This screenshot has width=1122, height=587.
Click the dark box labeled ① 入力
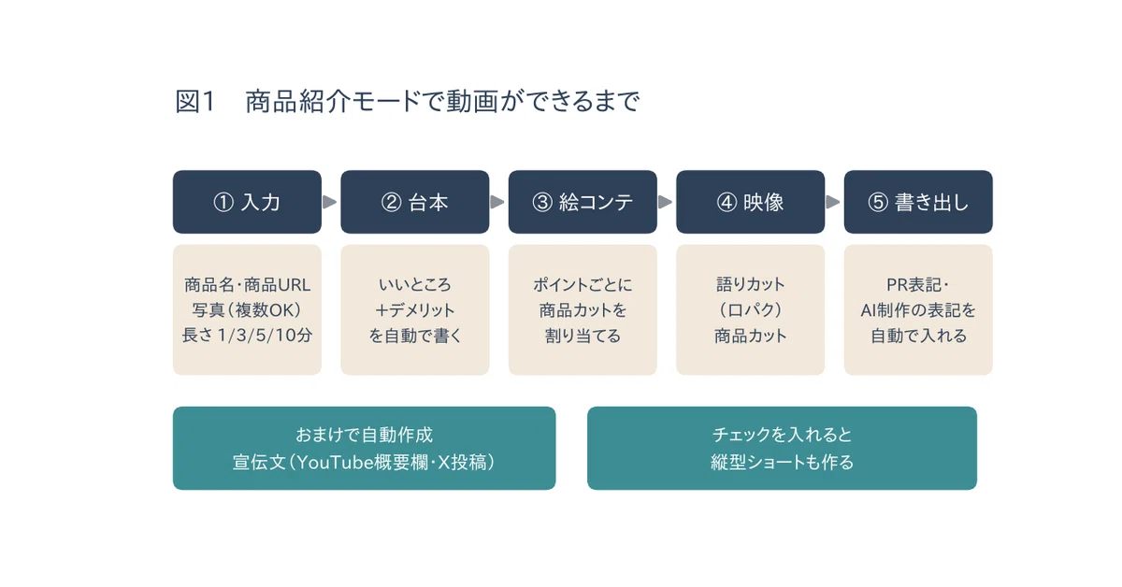coord(247,202)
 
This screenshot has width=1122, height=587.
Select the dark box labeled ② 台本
coord(415,202)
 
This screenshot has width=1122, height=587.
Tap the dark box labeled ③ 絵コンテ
coord(583,202)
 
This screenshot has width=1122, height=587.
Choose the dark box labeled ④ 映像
coord(750,202)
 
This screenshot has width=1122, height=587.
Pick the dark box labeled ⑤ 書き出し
coord(918,202)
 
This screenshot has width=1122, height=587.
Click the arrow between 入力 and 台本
coord(329,202)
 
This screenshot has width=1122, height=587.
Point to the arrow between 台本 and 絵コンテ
coord(497,202)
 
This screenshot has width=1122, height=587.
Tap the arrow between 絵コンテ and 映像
coord(665,202)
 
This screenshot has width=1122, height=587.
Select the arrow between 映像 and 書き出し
coord(833,202)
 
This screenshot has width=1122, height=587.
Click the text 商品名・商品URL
coord(247,285)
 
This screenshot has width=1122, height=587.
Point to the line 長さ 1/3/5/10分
coord(247,335)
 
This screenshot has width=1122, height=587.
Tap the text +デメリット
coord(415,310)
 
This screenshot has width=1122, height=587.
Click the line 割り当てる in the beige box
coord(583,335)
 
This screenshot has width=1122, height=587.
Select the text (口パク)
coord(750,310)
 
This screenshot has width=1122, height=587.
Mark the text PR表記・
coord(917,285)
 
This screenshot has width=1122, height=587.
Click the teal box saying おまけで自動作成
coord(364,449)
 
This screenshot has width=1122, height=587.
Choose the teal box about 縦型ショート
coord(782,449)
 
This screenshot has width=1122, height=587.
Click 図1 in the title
coord(194,102)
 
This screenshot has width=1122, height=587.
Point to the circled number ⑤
coord(878,202)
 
